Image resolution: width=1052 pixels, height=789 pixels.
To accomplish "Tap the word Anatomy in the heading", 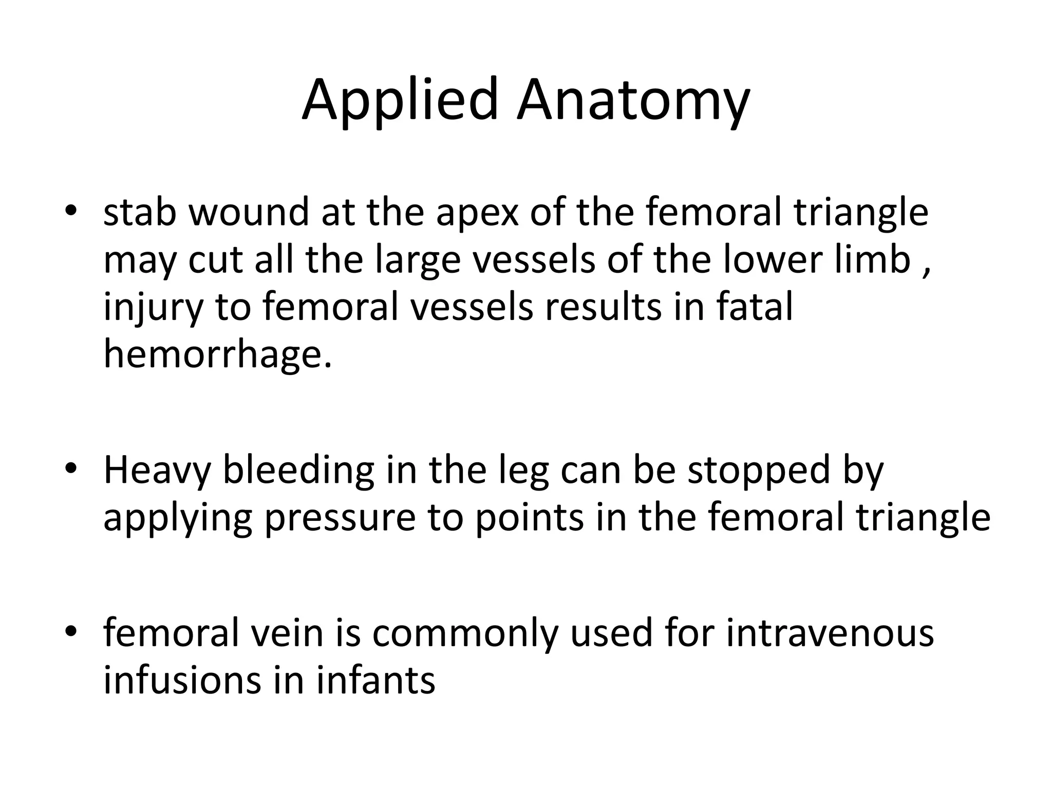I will [633, 101].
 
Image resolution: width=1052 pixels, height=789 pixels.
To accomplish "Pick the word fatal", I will [755, 307].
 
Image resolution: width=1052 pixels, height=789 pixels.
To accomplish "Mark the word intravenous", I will [830, 633].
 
